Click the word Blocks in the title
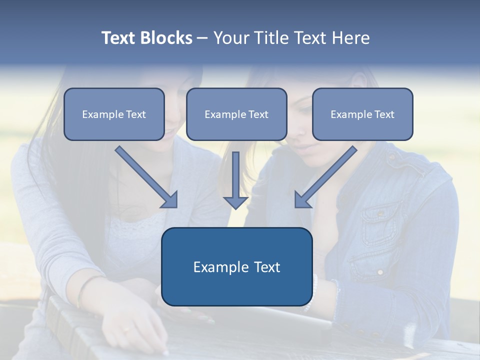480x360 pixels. point(166,37)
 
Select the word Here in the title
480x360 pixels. point(351,37)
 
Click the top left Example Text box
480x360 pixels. point(114,114)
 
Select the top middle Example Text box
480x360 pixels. point(236,114)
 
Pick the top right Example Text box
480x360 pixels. point(363,114)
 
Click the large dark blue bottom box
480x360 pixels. point(237,266)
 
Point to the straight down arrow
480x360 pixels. point(235,180)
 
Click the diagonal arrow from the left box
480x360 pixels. point(146,177)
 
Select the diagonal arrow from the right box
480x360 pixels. point(326,177)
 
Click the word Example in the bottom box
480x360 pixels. point(217,267)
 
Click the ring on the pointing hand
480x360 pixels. point(127,329)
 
